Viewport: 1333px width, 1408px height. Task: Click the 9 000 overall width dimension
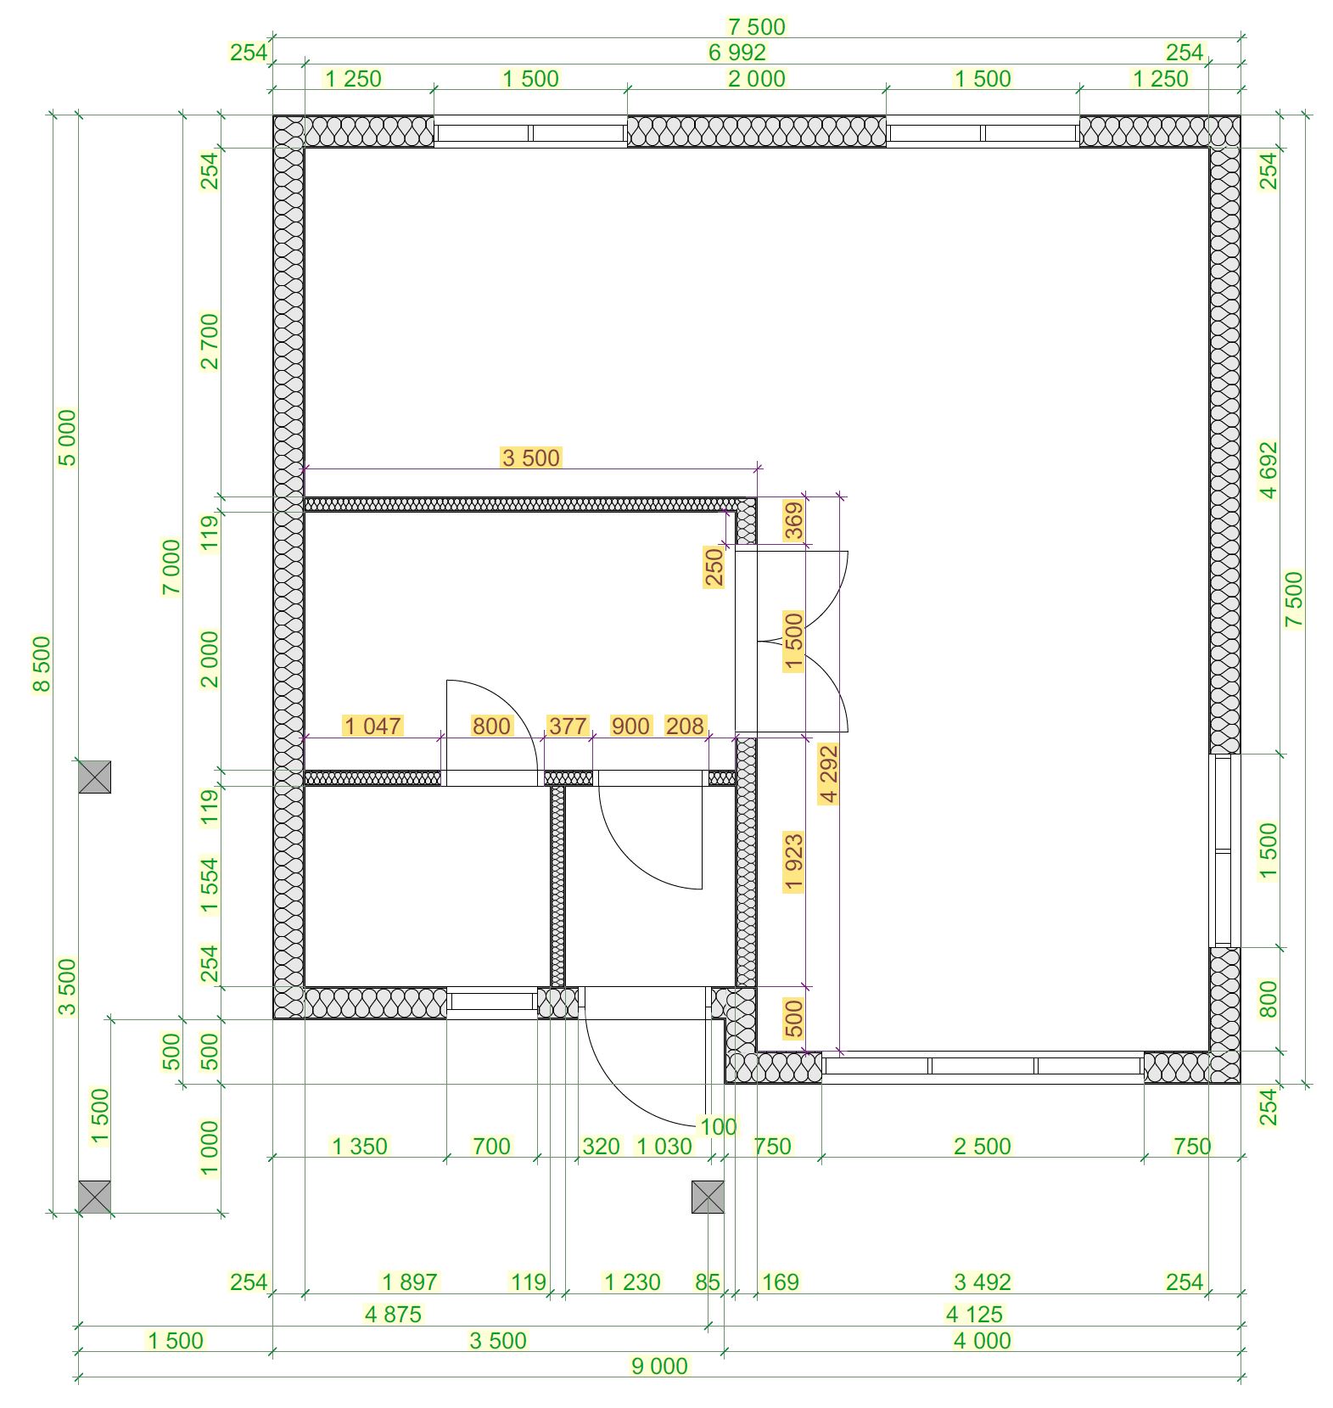coord(659,1366)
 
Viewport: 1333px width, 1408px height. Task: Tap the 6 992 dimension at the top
coord(737,53)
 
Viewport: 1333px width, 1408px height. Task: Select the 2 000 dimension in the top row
coord(757,79)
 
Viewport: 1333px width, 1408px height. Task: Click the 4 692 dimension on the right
coord(1268,470)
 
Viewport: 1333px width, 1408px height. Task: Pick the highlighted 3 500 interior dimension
coord(531,458)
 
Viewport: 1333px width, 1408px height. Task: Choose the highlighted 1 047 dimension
coord(372,726)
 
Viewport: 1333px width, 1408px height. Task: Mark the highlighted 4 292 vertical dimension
coord(829,773)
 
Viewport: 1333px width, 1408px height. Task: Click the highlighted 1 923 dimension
coord(794,862)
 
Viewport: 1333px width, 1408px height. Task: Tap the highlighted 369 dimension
coord(794,521)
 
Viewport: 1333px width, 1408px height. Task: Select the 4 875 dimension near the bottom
coord(393,1315)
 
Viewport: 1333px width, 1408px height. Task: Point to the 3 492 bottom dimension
coord(983,1282)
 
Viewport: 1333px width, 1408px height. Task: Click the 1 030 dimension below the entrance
coord(664,1147)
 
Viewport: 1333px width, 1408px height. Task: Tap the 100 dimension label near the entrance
coord(718,1127)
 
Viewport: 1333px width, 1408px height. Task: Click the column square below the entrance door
coord(708,1197)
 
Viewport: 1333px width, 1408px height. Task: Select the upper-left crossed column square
coord(94,777)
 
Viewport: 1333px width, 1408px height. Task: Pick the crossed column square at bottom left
coord(94,1197)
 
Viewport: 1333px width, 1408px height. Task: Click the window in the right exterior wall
coord(1223,850)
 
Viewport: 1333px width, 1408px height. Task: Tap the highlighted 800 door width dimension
coord(492,726)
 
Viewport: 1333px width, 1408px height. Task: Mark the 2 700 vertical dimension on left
coord(209,341)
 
